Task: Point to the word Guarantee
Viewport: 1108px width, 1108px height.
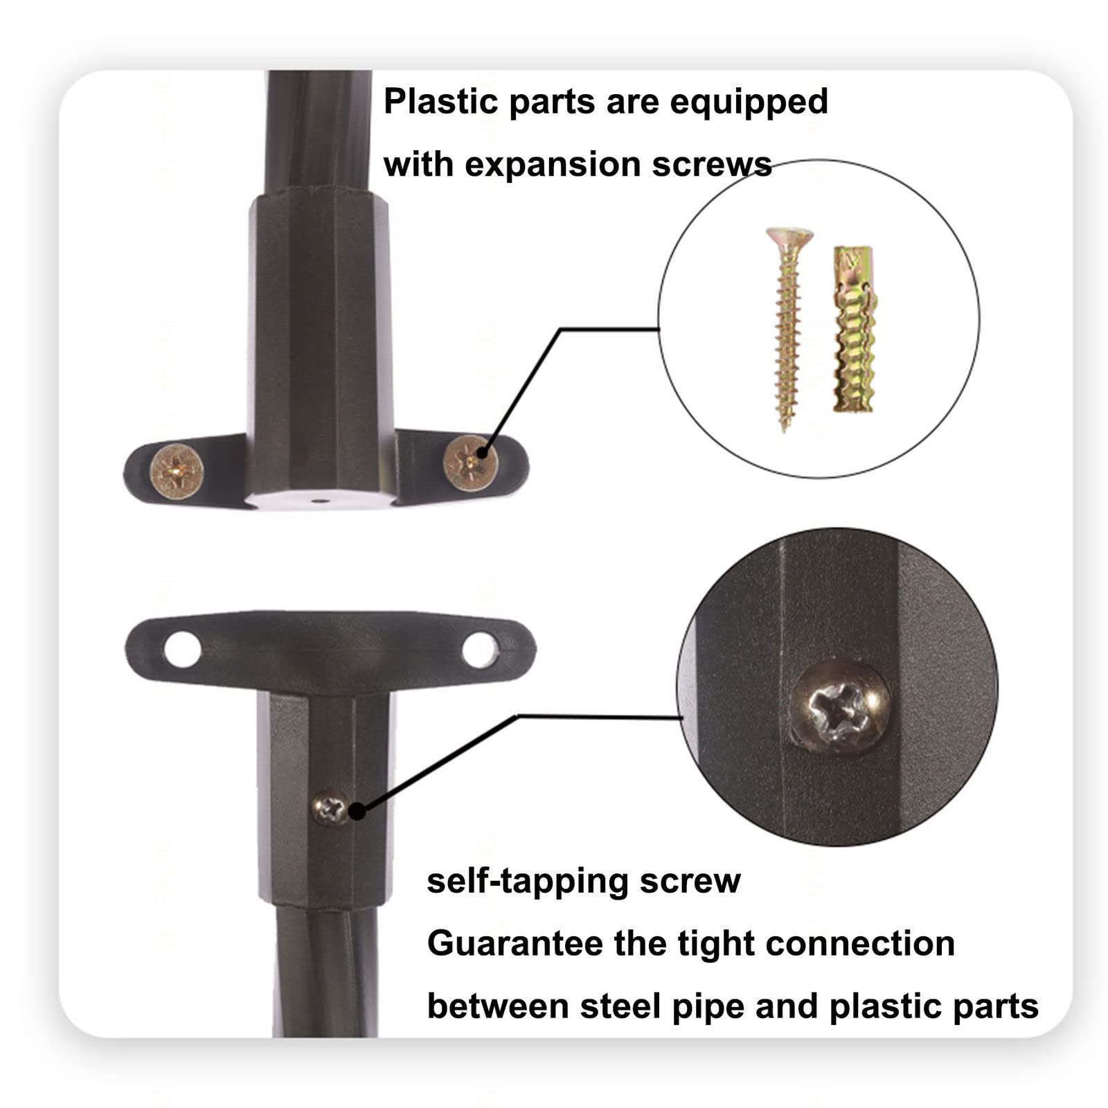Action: click(x=505, y=943)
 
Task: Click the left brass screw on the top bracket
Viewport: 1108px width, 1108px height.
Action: click(x=177, y=470)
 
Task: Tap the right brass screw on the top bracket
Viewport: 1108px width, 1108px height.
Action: click(x=470, y=460)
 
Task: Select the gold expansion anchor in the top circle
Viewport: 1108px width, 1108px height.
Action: click(x=854, y=329)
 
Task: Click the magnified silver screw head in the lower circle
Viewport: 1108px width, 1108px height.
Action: click(x=840, y=706)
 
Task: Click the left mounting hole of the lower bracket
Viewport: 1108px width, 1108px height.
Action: click(x=183, y=650)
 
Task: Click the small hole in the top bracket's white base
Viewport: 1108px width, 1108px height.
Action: click(x=319, y=498)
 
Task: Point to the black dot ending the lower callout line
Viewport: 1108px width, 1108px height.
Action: click(x=357, y=811)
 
